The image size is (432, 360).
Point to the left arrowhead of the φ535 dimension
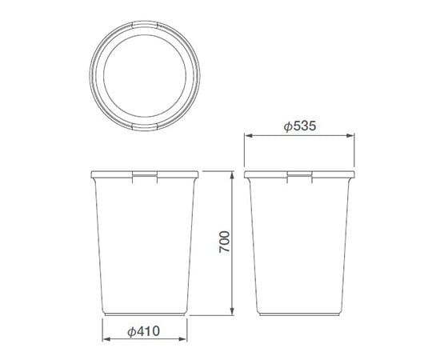[x=247, y=136]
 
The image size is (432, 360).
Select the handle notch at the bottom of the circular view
[x=145, y=126]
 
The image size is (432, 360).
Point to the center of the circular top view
[x=145, y=76]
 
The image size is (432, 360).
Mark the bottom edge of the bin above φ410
[x=145, y=311]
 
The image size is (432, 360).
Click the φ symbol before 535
[x=287, y=126]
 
